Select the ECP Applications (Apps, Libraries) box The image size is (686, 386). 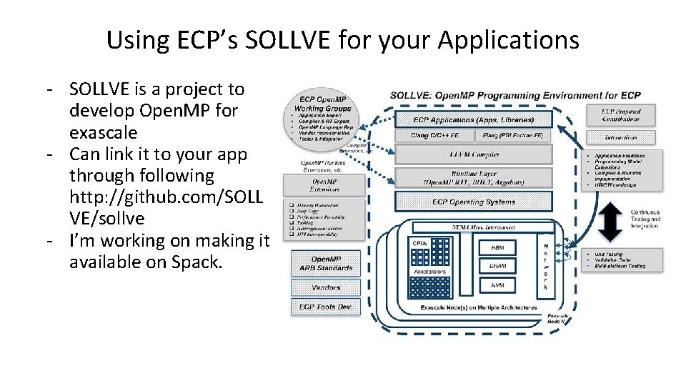click(473, 120)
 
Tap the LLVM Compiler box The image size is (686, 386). click(473, 154)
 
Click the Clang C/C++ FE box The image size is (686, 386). click(434, 135)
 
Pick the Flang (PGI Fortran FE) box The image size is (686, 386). click(512, 135)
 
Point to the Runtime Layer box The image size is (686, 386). click(473, 177)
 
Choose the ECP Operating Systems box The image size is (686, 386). click(473, 202)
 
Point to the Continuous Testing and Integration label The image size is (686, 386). click(645, 219)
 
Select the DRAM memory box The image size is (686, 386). click(498, 265)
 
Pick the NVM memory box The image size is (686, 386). click(498, 284)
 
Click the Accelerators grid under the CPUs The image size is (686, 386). click(430, 287)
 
